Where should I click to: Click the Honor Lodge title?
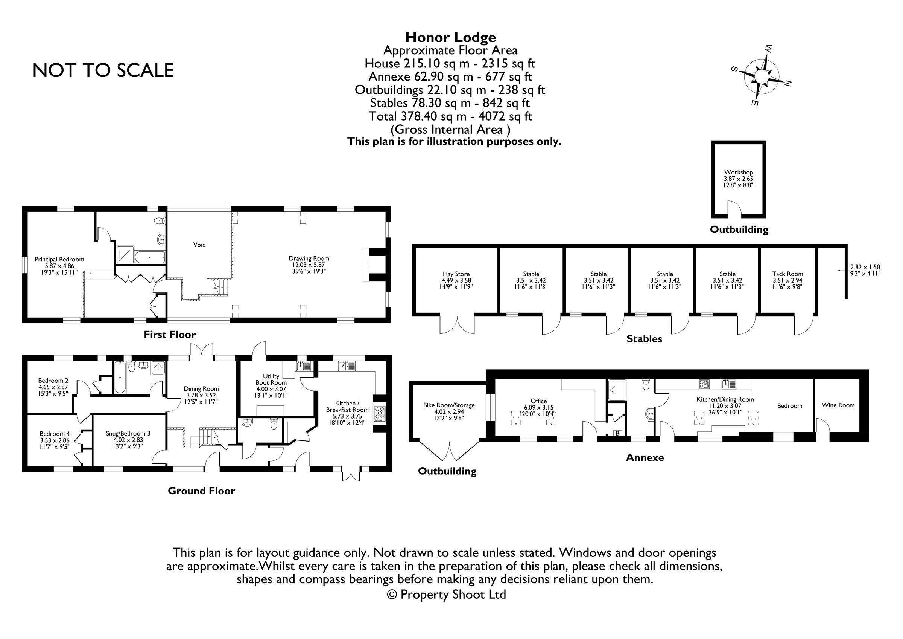click(450, 37)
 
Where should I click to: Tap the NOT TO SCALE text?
click(103, 70)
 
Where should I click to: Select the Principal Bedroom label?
click(59, 260)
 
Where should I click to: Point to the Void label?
click(199, 245)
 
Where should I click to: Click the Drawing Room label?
click(309, 259)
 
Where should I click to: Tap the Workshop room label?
click(738, 173)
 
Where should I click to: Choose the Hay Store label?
click(456, 274)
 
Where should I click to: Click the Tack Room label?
click(787, 274)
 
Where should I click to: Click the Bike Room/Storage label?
click(449, 405)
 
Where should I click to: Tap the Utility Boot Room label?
click(271, 379)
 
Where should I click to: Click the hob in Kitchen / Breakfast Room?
click(380, 413)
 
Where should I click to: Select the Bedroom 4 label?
click(55, 434)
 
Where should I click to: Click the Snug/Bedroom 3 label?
click(128, 434)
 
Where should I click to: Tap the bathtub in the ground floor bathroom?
click(119, 377)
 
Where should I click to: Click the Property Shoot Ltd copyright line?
click(446, 595)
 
